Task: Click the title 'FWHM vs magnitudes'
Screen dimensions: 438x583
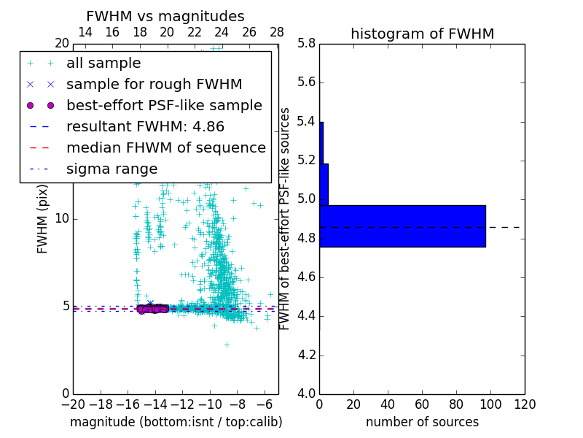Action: coord(165,16)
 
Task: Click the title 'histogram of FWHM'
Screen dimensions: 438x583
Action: coord(422,34)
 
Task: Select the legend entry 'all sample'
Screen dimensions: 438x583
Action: coord(103,64)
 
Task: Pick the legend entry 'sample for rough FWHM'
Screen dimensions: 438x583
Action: coord(154,84)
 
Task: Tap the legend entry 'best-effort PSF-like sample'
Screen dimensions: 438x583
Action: coord(164,105)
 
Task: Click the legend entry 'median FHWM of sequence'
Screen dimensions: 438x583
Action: coord(165,147)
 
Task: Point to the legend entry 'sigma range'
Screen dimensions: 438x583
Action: coord(111,169)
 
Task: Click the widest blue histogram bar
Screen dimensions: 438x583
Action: coord(402,226)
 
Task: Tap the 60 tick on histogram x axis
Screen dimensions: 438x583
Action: coord(422,404)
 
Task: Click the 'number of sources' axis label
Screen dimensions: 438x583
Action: coord(422,422)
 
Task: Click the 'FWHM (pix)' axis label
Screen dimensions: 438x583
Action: coord(43,218)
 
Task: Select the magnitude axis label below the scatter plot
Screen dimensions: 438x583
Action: coord(176,422)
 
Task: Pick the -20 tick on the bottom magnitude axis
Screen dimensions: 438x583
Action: coord(73,404)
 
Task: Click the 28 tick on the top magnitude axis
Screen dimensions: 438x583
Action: coord(277,32)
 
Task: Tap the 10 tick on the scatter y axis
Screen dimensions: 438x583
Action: coord(62,218)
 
